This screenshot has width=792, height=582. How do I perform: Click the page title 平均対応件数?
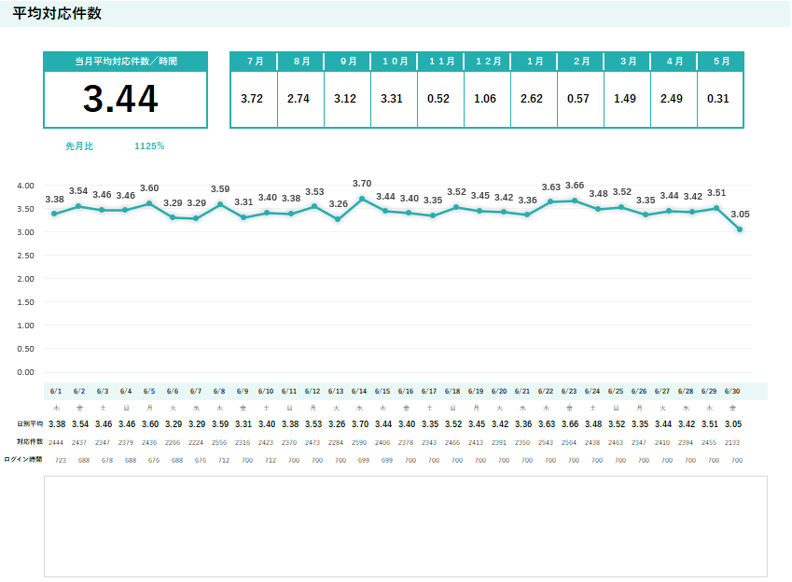coord(57,14)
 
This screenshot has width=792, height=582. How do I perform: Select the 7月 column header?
coord(254,61)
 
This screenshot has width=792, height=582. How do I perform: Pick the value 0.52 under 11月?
coord(439,99)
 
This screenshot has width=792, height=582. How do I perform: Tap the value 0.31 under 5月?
coord(718,99)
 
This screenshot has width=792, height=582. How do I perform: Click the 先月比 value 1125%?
coord(149,146)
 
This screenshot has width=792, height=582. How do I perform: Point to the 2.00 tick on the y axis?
coord(25,279)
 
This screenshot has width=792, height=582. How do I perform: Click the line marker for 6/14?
coord(363,199)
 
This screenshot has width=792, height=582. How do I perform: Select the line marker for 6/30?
coord(740,229)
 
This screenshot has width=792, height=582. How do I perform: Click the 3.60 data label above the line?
coord(149,188)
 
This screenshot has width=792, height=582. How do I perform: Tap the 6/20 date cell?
coord(499,392)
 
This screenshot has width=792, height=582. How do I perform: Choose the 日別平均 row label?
coord(30,424)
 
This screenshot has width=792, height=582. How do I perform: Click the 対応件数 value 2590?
coord(359,442)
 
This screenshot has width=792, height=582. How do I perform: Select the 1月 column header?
coord(535,61)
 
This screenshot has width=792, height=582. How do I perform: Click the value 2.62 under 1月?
coord(533,99)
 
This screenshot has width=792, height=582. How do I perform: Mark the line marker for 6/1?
coord(55,214)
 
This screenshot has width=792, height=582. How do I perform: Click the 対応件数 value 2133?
coord(733,442)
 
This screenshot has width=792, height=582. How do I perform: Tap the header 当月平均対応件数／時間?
coord(126,61)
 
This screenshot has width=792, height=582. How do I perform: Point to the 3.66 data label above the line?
coord(575,186)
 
